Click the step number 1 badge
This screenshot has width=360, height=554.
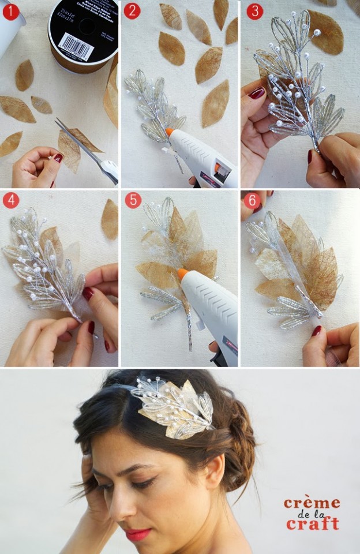[x=10, y=10]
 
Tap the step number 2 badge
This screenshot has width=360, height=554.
[x=132, y=10]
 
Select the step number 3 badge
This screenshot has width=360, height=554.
[x=254, y=10]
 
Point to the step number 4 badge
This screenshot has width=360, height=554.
[x=10, y=200]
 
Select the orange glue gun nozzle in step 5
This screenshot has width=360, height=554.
[x=183, y=274]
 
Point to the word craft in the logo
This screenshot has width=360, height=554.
[x=312, y=524]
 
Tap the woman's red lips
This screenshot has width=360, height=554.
[x=138, y=534]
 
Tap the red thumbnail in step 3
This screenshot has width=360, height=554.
[x=257, y=93]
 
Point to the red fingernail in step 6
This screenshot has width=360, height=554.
[x=317, y=331]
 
